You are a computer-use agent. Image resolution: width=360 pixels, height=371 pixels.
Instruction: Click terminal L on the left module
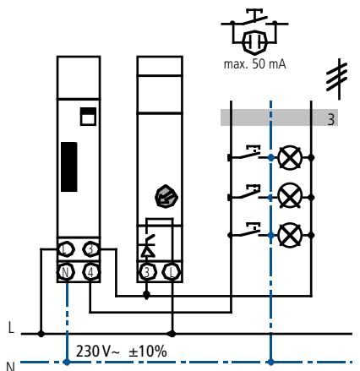pos(65,249)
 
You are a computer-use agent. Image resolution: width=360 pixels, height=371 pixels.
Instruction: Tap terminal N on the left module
pos(65,272)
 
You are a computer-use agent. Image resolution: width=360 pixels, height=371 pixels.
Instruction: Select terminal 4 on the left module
pos(91,272)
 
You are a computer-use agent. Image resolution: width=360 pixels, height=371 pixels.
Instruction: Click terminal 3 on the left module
pos(91,249)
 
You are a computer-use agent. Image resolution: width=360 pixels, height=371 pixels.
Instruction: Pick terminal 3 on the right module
pos(147,272)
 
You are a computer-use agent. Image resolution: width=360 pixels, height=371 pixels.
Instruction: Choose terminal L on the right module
pos(172,272)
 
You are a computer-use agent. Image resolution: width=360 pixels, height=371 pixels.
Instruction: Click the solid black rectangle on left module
pos(69,166)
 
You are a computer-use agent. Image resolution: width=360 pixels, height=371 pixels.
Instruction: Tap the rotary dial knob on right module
pos(166,197)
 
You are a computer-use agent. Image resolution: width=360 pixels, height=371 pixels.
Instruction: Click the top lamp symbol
pos(290,158)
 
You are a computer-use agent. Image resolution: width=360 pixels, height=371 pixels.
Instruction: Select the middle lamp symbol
pos(290,195)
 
